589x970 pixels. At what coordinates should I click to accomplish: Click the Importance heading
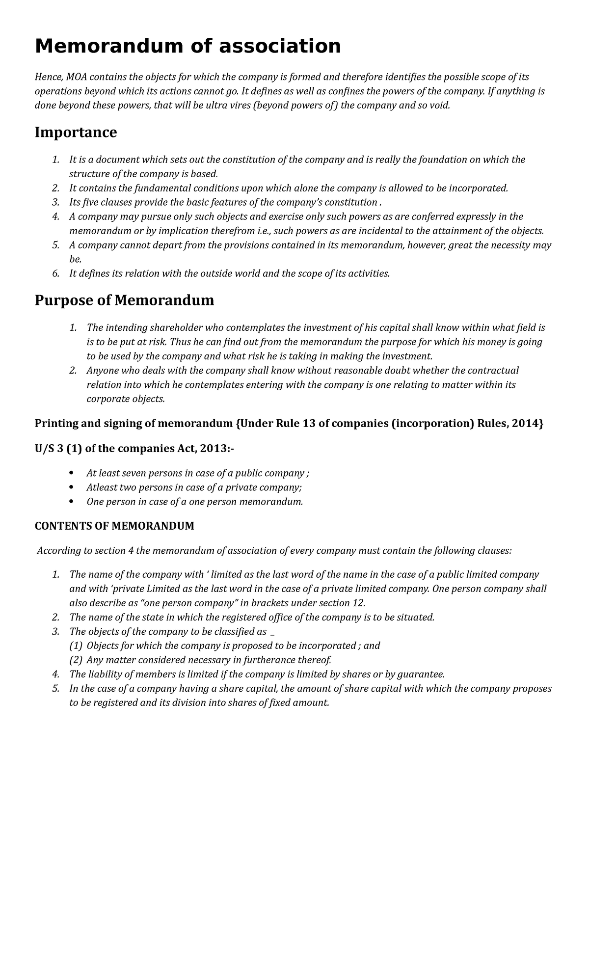click(76, 132)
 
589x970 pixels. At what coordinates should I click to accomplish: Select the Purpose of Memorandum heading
click(124, 300)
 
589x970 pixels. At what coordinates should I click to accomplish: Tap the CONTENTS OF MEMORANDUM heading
click(114, 526)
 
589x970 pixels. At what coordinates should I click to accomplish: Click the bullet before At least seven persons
click(72, 473)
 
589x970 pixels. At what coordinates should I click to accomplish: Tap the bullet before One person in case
click(72, 502)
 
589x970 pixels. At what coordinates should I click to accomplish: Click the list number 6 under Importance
click(55, 273)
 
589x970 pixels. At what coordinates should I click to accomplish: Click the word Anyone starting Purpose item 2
click(101, 370)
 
